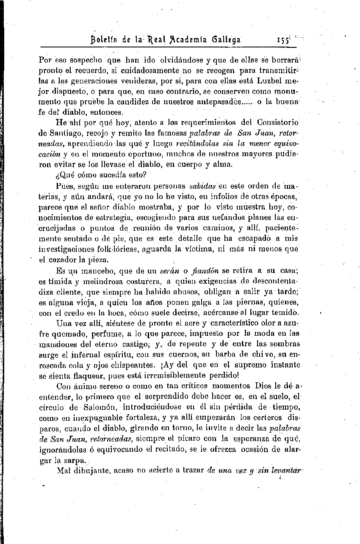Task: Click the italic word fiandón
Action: click(x=204, y=270)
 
